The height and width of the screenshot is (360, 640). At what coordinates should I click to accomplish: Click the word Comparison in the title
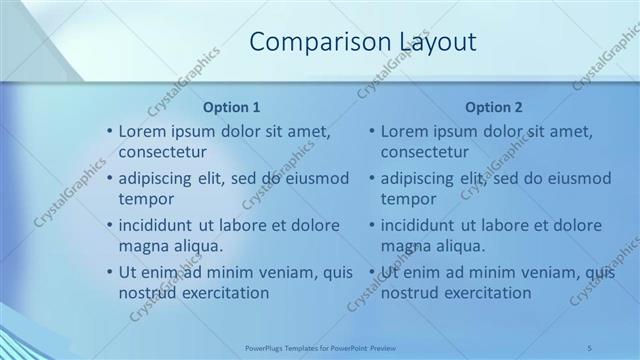tap(307, 41)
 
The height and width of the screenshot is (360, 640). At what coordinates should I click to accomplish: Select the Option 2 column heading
tap(493, 106)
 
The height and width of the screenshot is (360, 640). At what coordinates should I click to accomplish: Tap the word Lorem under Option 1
tap(142, 131)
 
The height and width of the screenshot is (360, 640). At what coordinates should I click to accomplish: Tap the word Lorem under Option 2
tap(404, 131)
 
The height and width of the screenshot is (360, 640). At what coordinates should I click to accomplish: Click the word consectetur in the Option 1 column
tap(162, 153)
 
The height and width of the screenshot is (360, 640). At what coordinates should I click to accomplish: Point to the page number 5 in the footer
tap(589, 346)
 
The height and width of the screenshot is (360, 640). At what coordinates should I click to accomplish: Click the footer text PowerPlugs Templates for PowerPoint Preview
tap(319, 346)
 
